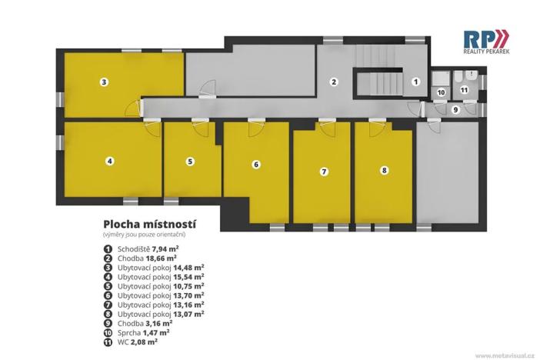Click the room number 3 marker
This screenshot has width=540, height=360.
pos(104,81)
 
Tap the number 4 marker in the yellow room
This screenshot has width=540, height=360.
pos(110,161)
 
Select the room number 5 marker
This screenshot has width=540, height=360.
pos(190,162)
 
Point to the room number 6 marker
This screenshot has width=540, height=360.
pos(256,164)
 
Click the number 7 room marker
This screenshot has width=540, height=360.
pos(323,171)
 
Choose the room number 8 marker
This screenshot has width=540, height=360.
pos(384,171)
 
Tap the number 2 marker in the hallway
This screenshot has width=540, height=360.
pos(334,81)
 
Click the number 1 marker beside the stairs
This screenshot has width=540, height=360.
pos(415,81)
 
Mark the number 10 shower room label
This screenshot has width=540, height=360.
pos(441,92)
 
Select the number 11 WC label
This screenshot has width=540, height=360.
pos(464,90)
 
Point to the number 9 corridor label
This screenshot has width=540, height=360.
pos(455,110)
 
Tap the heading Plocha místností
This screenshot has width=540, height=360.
pos(149,224)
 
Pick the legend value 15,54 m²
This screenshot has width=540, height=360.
pos(188,275)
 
